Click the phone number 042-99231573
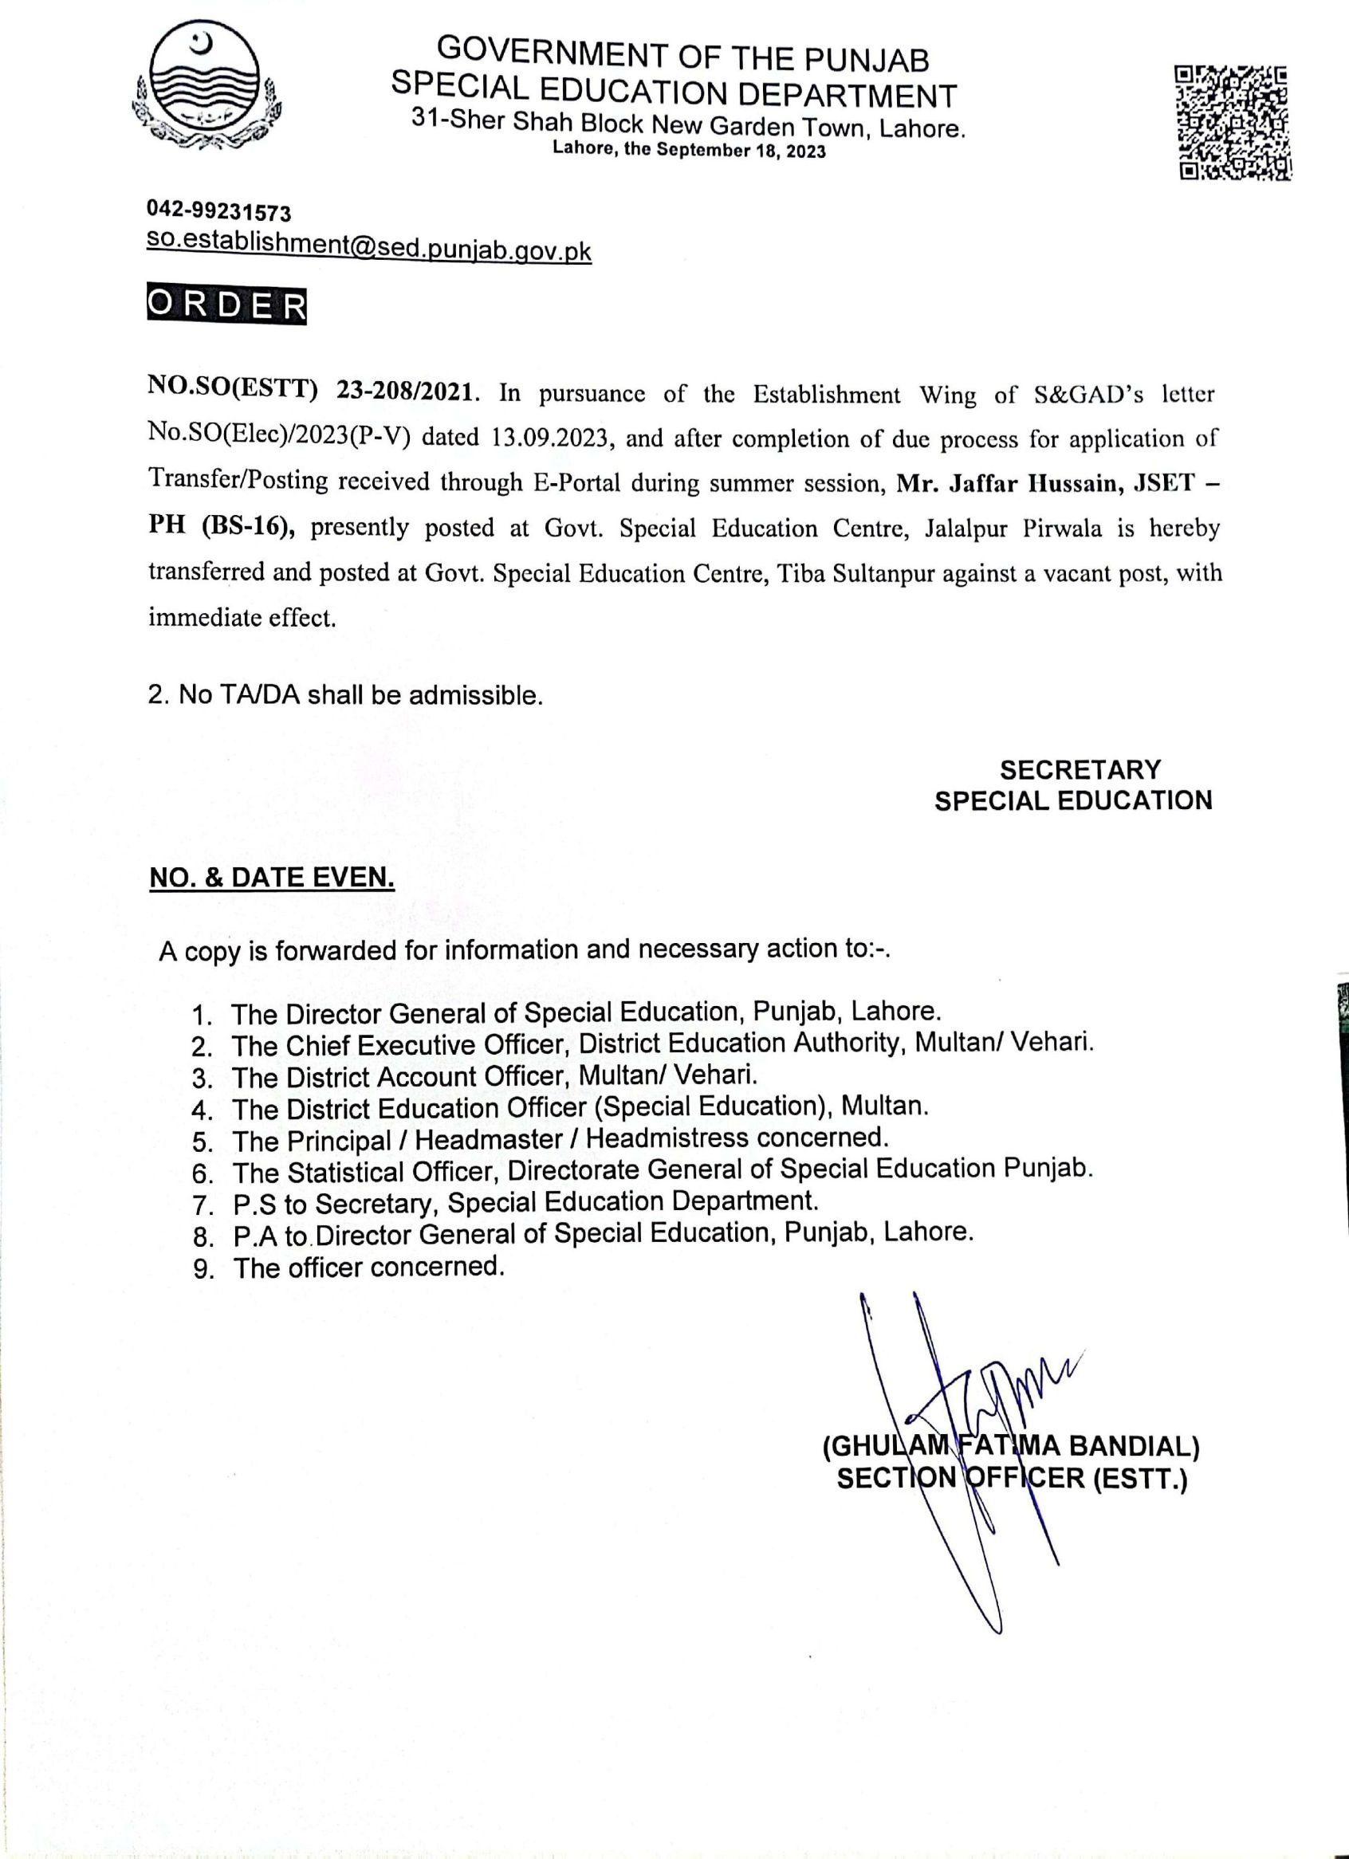[218, 212]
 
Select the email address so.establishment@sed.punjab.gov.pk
[369, 248]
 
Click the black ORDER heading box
[227, 306]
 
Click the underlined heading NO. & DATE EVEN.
[271, 878]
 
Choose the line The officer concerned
[368, 1267]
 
